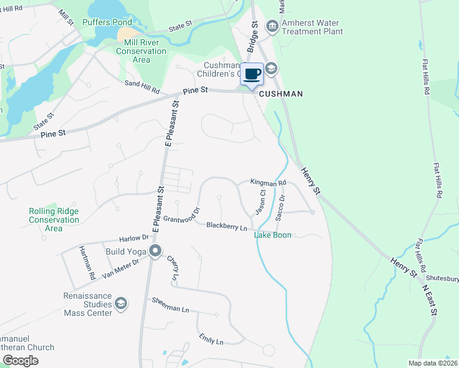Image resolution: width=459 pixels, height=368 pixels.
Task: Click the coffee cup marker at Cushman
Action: pyautogui.click(x=252, y=74)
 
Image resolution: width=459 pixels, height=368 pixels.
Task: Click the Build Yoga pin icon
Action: pyautogui.click(x=155, y=250)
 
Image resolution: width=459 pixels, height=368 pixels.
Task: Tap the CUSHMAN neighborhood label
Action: pyautogui.click(x=281, y=94)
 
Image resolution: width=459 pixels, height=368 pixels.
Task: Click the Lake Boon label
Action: pyautogui.click(x=273, y=235)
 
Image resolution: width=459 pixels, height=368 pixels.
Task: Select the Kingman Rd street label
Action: pyautogui.click(x=268, y=183)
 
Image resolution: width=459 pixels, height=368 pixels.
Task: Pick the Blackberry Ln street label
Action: pyautogui.click(x=226, y=226)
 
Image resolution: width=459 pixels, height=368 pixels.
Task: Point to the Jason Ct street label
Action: pyautogui.click(x=261, y=201)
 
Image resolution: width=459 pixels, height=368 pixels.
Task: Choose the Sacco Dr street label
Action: pyautogui.click(x=280, y=208)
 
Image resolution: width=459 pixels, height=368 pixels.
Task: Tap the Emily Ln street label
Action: pyautogui.click(x=211, y=340)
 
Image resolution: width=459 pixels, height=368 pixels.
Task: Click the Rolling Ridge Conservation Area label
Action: pyautogui.click(x=53, y=220)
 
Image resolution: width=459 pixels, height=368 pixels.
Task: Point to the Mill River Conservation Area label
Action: pyautogui.click(x=145, y=51)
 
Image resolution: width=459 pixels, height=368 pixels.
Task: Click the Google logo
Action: pyautogui.click(x=20, y=361)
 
